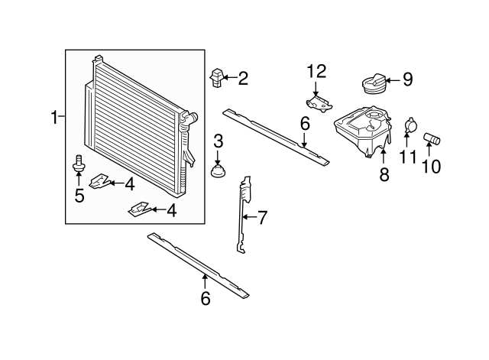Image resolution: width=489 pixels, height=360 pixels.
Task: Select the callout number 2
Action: (243, 77)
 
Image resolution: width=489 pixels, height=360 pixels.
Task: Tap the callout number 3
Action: (218, 141)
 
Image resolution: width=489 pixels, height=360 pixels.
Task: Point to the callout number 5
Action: (79, 196)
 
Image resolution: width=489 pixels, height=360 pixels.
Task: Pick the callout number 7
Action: (261, 218)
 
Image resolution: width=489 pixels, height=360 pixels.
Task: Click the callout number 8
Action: (384, 175)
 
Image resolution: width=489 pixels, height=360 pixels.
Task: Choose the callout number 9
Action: (406, 78)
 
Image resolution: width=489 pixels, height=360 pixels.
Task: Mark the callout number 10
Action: (432, 165)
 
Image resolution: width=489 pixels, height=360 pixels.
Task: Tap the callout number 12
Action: (316, 72)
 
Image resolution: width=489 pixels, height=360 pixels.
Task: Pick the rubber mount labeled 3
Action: (219, 170)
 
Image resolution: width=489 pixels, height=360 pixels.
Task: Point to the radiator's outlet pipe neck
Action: (191, 119)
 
